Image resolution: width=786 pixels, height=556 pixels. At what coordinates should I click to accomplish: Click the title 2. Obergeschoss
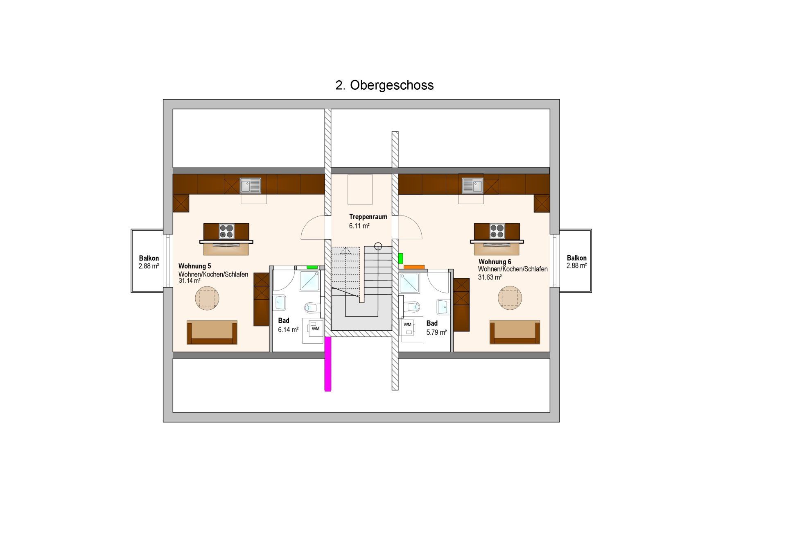point(384,85)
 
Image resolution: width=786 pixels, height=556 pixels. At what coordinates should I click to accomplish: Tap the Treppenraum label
point(368,217)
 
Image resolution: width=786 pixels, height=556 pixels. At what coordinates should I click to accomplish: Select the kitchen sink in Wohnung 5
point(250,186)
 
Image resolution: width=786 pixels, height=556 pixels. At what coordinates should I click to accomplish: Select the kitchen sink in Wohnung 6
point(473,186)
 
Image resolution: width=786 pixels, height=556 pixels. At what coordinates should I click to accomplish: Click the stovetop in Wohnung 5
point(227,231)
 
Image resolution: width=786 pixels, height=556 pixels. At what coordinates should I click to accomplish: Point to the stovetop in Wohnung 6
point(497,231)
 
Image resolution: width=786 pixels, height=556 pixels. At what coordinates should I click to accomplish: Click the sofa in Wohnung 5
point(212,332)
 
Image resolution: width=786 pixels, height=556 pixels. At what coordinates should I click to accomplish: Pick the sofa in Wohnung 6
point(515,332)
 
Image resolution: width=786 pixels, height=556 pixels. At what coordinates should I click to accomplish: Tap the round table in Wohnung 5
point(207,298)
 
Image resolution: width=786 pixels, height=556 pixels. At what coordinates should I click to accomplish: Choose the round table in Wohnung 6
point(510,298)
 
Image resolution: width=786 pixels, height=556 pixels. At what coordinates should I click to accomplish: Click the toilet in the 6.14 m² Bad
point(312,307)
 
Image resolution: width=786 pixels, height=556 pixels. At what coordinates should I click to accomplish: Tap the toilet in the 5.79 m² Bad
point(413,306)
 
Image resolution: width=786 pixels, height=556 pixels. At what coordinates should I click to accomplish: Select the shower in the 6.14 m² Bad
point(310,281)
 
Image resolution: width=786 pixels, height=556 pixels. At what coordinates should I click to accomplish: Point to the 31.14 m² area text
point(190,281)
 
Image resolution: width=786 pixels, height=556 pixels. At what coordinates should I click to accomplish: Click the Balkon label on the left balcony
point(149,258)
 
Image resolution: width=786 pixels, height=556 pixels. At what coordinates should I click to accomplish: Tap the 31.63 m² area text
point(490,277)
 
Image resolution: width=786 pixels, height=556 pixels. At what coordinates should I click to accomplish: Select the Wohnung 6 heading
point(495,262)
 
